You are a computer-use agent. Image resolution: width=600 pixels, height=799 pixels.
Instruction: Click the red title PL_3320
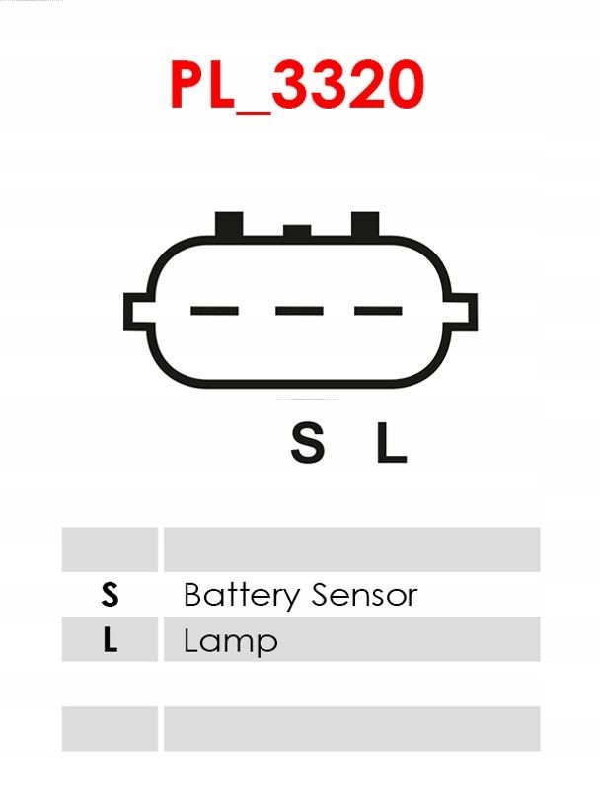click(x=297, y=85)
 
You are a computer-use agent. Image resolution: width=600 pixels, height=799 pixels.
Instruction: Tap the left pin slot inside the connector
click(x=215, y=311)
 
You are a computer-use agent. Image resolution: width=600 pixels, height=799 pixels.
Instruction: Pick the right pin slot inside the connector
click(x=378, y=311)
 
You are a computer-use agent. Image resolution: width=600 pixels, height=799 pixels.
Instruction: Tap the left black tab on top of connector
click(x=229, y=224)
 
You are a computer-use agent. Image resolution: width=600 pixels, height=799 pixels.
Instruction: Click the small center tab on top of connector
click(x=297, y=231)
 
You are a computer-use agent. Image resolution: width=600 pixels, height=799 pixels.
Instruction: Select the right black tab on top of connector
click(x=365, y=224)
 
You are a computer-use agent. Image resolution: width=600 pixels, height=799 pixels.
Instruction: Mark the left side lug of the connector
click(x=135, y=312)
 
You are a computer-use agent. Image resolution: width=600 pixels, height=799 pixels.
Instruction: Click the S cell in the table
click(x=110, y=595)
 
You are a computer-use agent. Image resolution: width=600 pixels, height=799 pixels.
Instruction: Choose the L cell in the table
click(x=110, y=641)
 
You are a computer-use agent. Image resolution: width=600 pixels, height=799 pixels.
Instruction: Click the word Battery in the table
click(x=241, y=595)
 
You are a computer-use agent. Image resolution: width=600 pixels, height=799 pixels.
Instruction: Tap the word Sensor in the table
click(x=364, y=595)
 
